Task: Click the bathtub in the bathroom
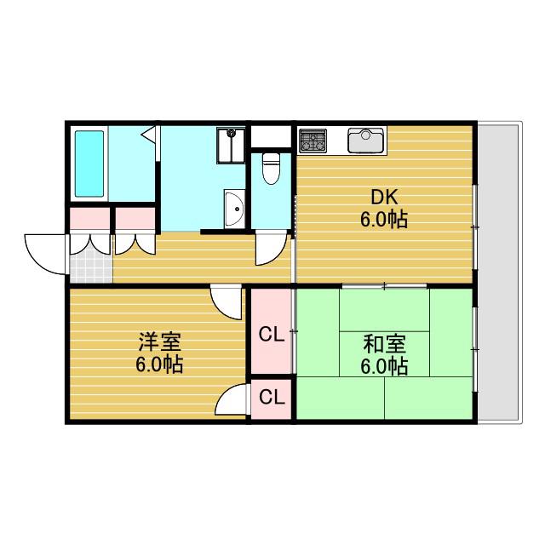[89, 163]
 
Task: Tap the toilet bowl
[271, 169]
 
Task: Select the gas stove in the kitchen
[313, 141]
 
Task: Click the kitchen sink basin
[366, 140]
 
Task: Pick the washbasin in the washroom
[234, 209]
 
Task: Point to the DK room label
[384, 198]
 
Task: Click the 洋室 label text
[160, 342]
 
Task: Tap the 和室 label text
[384, 344]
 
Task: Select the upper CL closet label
[272, 335]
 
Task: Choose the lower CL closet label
[272, 397]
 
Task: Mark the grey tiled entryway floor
[91, 266]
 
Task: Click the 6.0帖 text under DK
[384, 220]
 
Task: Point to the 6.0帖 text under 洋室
[159, 364]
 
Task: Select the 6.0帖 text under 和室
[384, 366]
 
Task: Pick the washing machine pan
[231, 146]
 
